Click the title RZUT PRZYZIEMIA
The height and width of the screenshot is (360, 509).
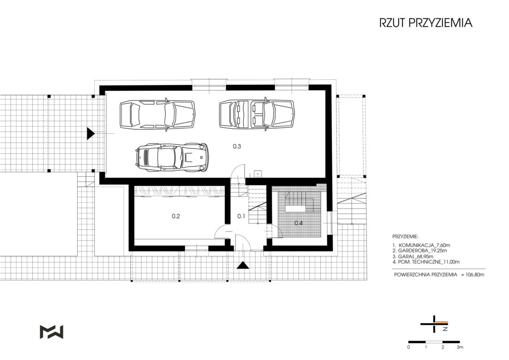(425, 23)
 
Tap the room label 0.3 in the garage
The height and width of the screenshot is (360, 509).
(237, 146)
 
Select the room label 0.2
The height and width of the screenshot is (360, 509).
(176, 216)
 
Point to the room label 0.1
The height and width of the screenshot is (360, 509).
(241, 216)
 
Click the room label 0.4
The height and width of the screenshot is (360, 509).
(299, 223)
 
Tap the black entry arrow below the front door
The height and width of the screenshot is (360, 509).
(243, 265)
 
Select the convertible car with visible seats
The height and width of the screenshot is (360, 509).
(257, 114)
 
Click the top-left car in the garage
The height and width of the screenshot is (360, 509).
(158, 114)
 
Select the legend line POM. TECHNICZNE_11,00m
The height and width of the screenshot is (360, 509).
(425, 262)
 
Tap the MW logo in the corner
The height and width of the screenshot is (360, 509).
(51, 332)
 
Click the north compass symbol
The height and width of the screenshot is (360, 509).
(434, 324)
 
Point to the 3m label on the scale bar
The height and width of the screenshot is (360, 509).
(460, 348)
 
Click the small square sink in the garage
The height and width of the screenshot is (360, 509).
(258, 174)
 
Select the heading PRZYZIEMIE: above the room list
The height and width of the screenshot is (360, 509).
(406, 237)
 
